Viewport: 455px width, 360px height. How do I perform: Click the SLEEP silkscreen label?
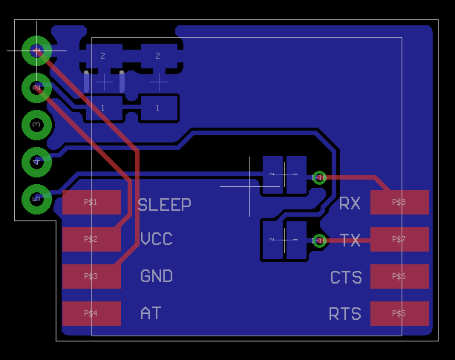coord(164,204)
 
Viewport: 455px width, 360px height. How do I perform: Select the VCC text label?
coord(157,239)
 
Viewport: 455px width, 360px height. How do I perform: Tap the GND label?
coord(157,276)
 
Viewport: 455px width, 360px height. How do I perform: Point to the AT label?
coord(151,313)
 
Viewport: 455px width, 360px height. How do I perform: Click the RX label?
coord(350,203)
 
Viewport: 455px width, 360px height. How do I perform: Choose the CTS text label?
coord(346,278)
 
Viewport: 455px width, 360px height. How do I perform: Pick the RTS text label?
coord(345,314)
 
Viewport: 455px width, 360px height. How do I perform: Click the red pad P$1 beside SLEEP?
coord(91,202)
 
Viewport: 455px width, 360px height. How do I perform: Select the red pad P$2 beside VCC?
coord(91,239)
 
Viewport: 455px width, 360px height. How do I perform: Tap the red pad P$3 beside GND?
coord(91,276)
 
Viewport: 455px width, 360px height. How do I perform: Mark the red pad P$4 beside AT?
coord(91,313)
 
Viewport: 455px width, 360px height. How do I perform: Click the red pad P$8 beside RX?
coord(399,202)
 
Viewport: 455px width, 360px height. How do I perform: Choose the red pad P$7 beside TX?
coord(399,239)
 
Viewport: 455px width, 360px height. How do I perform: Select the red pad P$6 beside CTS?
coord(399,276)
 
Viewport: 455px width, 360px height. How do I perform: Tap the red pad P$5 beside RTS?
coord(399,313)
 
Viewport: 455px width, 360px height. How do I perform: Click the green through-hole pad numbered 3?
coord(36,125)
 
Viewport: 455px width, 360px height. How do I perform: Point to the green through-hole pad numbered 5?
coord(36,198)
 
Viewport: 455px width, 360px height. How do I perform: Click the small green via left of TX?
coord(320,240)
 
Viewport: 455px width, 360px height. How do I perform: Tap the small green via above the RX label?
coord(320,177)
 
